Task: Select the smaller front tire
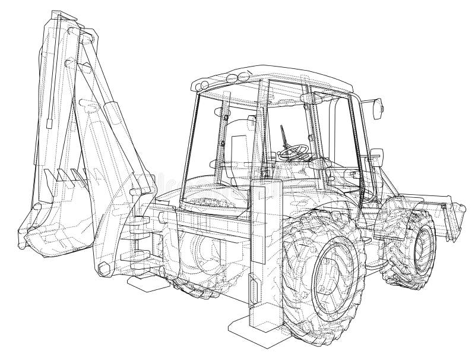(412, 243)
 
